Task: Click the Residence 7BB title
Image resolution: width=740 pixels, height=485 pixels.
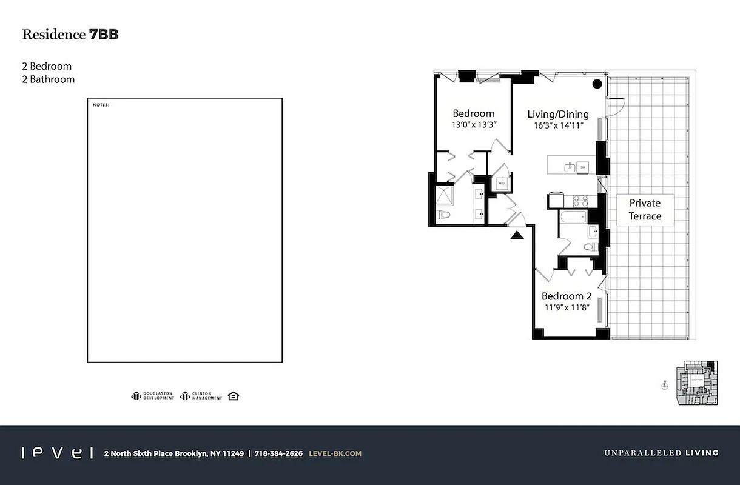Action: (x=70, y=35)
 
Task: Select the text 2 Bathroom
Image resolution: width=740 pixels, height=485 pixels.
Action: (x=49, y=79)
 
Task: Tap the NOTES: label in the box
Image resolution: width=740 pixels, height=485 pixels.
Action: (x=101, y=105)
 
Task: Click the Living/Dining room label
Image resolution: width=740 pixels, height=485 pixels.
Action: (x=557, y=114)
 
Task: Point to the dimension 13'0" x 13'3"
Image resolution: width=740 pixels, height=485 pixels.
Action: (x=473, y=125)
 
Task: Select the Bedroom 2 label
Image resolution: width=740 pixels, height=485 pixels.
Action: (x=566, y=296)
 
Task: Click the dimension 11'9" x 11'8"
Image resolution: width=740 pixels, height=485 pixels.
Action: (x=566, y=308)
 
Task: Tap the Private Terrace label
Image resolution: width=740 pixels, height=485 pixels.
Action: (x=644, y=210)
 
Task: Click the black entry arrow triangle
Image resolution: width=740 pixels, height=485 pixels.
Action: (x=517, y=235)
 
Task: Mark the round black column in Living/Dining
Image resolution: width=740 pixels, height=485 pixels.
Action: (x=597, y=84)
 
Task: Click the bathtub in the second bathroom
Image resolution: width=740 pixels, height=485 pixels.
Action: (x=573, y=216)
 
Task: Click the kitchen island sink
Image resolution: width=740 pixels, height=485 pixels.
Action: (x=570, y=167)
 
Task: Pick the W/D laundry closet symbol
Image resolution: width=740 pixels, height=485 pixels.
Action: (x=502, y=183)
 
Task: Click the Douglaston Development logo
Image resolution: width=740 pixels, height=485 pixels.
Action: (x=152, y=396)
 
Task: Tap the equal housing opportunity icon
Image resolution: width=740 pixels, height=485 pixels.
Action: (x=234, y=396)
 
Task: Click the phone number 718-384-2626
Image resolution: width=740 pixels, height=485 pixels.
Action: (x=278, y=453)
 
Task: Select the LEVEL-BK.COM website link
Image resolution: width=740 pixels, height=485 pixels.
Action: (x=335, y=453)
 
